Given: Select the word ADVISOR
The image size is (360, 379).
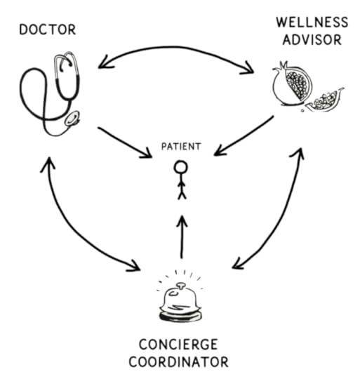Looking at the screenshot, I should pos(312,39).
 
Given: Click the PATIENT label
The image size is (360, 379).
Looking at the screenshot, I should pos(181,147).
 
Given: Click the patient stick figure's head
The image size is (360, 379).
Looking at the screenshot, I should pos(181,168).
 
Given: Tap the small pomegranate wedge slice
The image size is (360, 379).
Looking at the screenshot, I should pos(324,102).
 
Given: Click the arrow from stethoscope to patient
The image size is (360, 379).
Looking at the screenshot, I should pos(125,140).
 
